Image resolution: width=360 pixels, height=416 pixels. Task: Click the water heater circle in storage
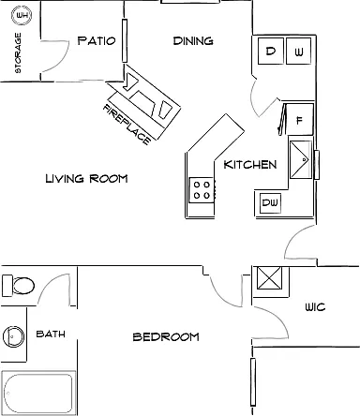[22, 15]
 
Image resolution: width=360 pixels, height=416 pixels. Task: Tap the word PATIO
[97, 41]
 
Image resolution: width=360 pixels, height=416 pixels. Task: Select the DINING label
[193, 41]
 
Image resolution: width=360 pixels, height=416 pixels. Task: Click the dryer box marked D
[271, 52]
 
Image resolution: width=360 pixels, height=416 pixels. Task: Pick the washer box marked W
[299, 52]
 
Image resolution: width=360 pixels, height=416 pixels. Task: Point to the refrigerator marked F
[300, 119]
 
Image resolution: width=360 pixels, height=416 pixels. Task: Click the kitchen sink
[301, 159]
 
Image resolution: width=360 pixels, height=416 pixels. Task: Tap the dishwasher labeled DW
[270, 203]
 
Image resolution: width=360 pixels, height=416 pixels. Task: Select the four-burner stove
[202, 190]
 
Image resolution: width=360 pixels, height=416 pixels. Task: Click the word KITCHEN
[250, 165]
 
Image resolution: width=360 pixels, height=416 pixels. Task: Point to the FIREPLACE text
[127, 124]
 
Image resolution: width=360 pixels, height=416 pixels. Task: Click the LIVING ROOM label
[86, 179]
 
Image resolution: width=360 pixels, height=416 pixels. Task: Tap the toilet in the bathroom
[19, 286]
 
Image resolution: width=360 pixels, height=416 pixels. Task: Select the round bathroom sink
[14, 336]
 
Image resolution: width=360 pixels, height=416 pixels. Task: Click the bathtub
[38, 393]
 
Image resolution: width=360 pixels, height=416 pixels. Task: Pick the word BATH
[51, 334]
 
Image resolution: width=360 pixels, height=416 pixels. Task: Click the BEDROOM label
[166, 336]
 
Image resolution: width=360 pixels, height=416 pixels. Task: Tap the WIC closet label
[315, 307]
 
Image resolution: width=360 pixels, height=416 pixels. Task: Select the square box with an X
[269, 278]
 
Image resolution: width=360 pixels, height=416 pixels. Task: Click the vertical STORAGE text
[18, 52]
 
